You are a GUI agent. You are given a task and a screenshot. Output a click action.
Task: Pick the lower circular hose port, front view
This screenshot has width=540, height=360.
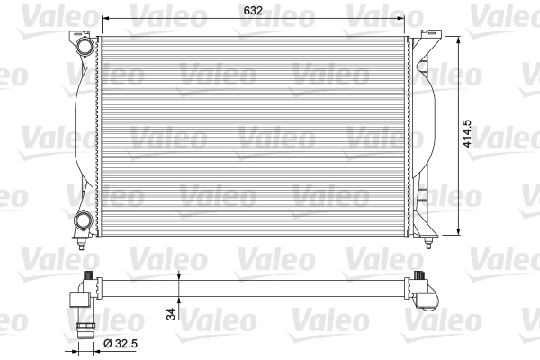tap(84, 219)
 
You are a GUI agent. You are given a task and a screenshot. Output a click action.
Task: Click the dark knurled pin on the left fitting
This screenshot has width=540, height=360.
tap(87, 276)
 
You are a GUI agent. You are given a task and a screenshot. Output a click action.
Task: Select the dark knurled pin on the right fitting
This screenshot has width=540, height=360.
tap(418, 276)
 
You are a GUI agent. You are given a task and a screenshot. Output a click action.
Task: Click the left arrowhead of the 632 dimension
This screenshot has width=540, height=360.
tap(104, 20)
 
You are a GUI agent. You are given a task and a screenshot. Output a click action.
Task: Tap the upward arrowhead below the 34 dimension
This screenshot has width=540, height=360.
tap(180, 298)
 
